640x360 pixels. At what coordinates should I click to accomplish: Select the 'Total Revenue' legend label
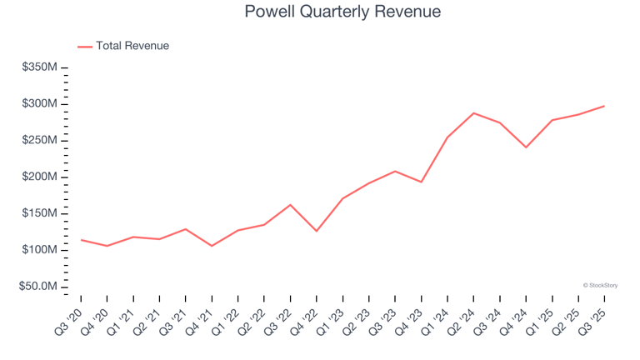[x=132, y=46]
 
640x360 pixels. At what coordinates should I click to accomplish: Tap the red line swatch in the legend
[x=85, y=47]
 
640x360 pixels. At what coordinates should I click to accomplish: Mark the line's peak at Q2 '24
[x=473, y=113]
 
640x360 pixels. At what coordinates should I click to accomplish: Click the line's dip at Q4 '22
[x=317, y=231]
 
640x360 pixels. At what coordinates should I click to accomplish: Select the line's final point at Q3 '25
[x=604, y=106]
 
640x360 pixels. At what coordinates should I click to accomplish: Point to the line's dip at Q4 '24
[x=526, y=147]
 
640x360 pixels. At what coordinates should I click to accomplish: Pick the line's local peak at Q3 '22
[x=291, y=205]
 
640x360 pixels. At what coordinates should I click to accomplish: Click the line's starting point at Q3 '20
[x=81, y=240]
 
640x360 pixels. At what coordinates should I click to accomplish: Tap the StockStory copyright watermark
[x=600, y=285]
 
